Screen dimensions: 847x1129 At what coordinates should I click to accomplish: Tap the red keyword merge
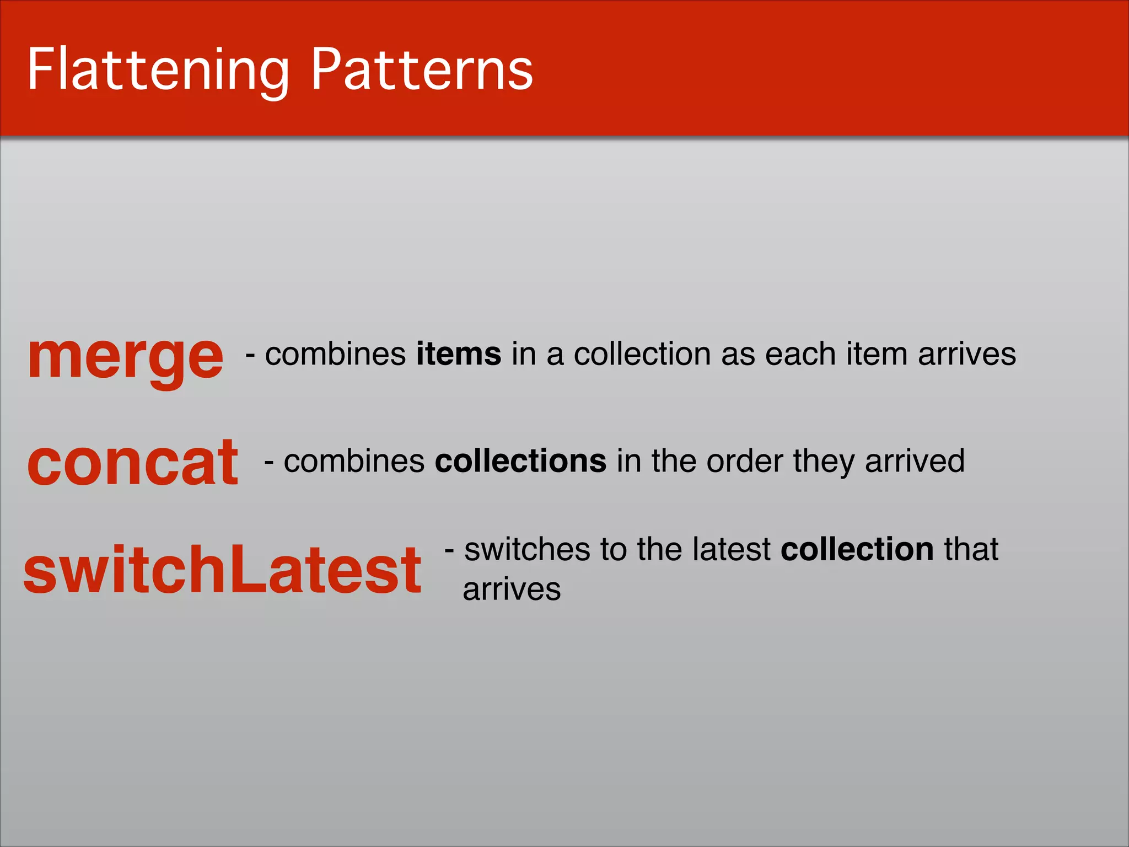point(126,357)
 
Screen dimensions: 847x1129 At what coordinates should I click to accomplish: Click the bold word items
point(459,354)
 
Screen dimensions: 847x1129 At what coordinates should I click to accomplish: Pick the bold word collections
point(520,461)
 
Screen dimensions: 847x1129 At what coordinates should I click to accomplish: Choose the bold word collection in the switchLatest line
point(857,549)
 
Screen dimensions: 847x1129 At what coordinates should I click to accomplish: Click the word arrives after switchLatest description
point(512,589)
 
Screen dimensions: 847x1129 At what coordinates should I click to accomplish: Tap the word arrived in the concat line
point(915,461)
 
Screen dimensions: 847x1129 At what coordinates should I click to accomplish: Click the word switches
point(527,549)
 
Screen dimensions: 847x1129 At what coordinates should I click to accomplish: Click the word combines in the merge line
point(335,354)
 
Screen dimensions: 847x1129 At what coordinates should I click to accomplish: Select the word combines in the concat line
point(354,461)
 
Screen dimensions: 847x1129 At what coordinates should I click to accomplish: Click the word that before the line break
point(971,549)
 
